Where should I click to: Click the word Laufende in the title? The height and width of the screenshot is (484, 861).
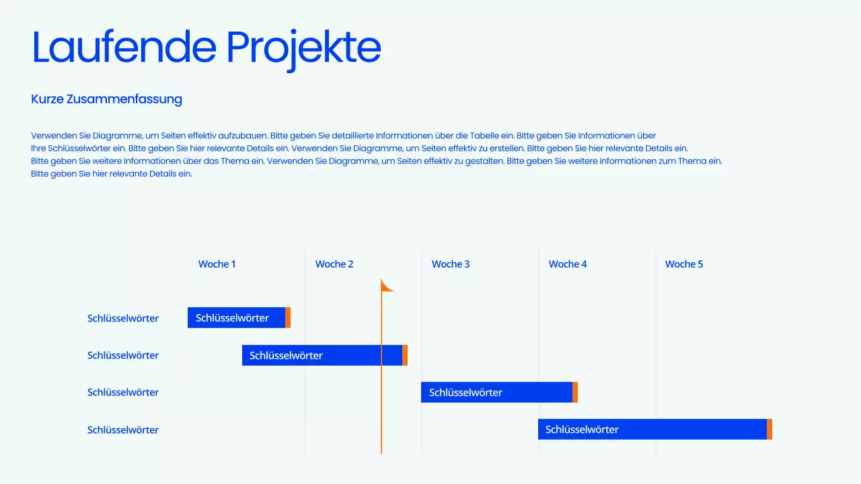tap(124, 47)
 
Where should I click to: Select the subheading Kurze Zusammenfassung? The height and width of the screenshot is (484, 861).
tap(106, 99)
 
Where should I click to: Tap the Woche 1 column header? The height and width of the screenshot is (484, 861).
tap(217, 264)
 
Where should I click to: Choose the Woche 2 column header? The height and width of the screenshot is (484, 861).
tap(334, 264)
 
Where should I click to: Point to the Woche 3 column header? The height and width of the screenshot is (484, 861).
tap(451, 264)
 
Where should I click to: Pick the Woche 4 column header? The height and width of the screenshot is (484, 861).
tap(568, 264)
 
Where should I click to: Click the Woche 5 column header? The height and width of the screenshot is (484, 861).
tap(684, 264)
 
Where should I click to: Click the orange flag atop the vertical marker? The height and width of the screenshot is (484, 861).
tap(386, 286)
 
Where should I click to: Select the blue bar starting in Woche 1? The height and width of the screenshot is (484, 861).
tap(236, 318)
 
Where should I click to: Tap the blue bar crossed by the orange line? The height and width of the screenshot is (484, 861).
tap(322, 356)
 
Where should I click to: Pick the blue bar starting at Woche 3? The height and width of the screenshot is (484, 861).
tap(496, 393)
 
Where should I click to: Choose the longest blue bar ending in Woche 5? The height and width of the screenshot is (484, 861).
tap(652, 430)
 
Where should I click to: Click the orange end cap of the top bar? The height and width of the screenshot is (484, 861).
tap(288, 318)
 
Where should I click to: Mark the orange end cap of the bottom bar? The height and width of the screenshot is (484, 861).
tap(770, 430)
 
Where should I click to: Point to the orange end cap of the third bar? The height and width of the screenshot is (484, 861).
tap(575, 393)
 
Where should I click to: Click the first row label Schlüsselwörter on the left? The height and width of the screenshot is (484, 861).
tap(123, 319)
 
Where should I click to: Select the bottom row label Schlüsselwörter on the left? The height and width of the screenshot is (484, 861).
tap(123, 430)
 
